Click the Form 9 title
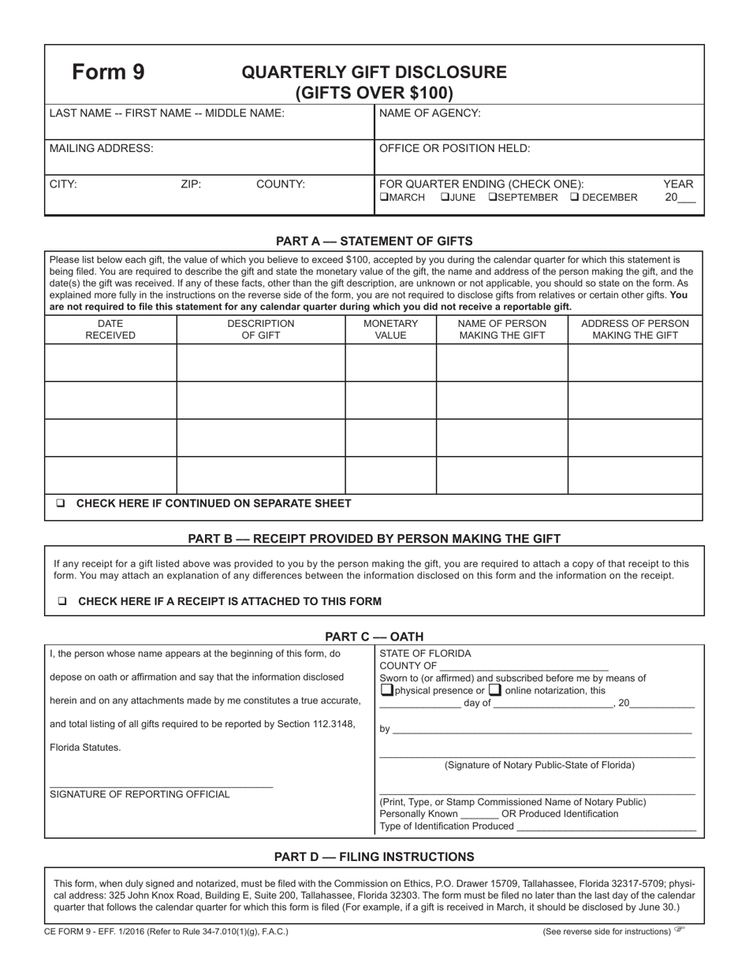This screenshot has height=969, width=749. pos(108,72)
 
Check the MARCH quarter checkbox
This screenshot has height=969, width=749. pos(384,198)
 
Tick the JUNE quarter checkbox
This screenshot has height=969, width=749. pos(444,198)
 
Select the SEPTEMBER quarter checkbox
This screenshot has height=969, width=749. pos(493,198)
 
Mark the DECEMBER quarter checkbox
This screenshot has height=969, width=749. pos(574,198)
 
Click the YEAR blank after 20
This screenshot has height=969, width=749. pos(686,199)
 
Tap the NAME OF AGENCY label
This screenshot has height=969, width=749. pos(430,113)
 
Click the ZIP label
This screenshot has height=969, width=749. pos(191,184)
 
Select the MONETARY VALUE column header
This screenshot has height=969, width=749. pos(390,329)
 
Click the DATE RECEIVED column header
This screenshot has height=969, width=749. pos(110,329)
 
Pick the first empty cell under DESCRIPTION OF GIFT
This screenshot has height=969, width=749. pos(260,362)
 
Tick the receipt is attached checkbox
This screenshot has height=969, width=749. pos(61,602)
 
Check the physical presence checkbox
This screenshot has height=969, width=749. pos(386,691)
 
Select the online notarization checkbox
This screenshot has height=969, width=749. pos(495,691)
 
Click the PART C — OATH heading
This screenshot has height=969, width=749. pos(374,637)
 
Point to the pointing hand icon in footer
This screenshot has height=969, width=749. pos(680,930)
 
